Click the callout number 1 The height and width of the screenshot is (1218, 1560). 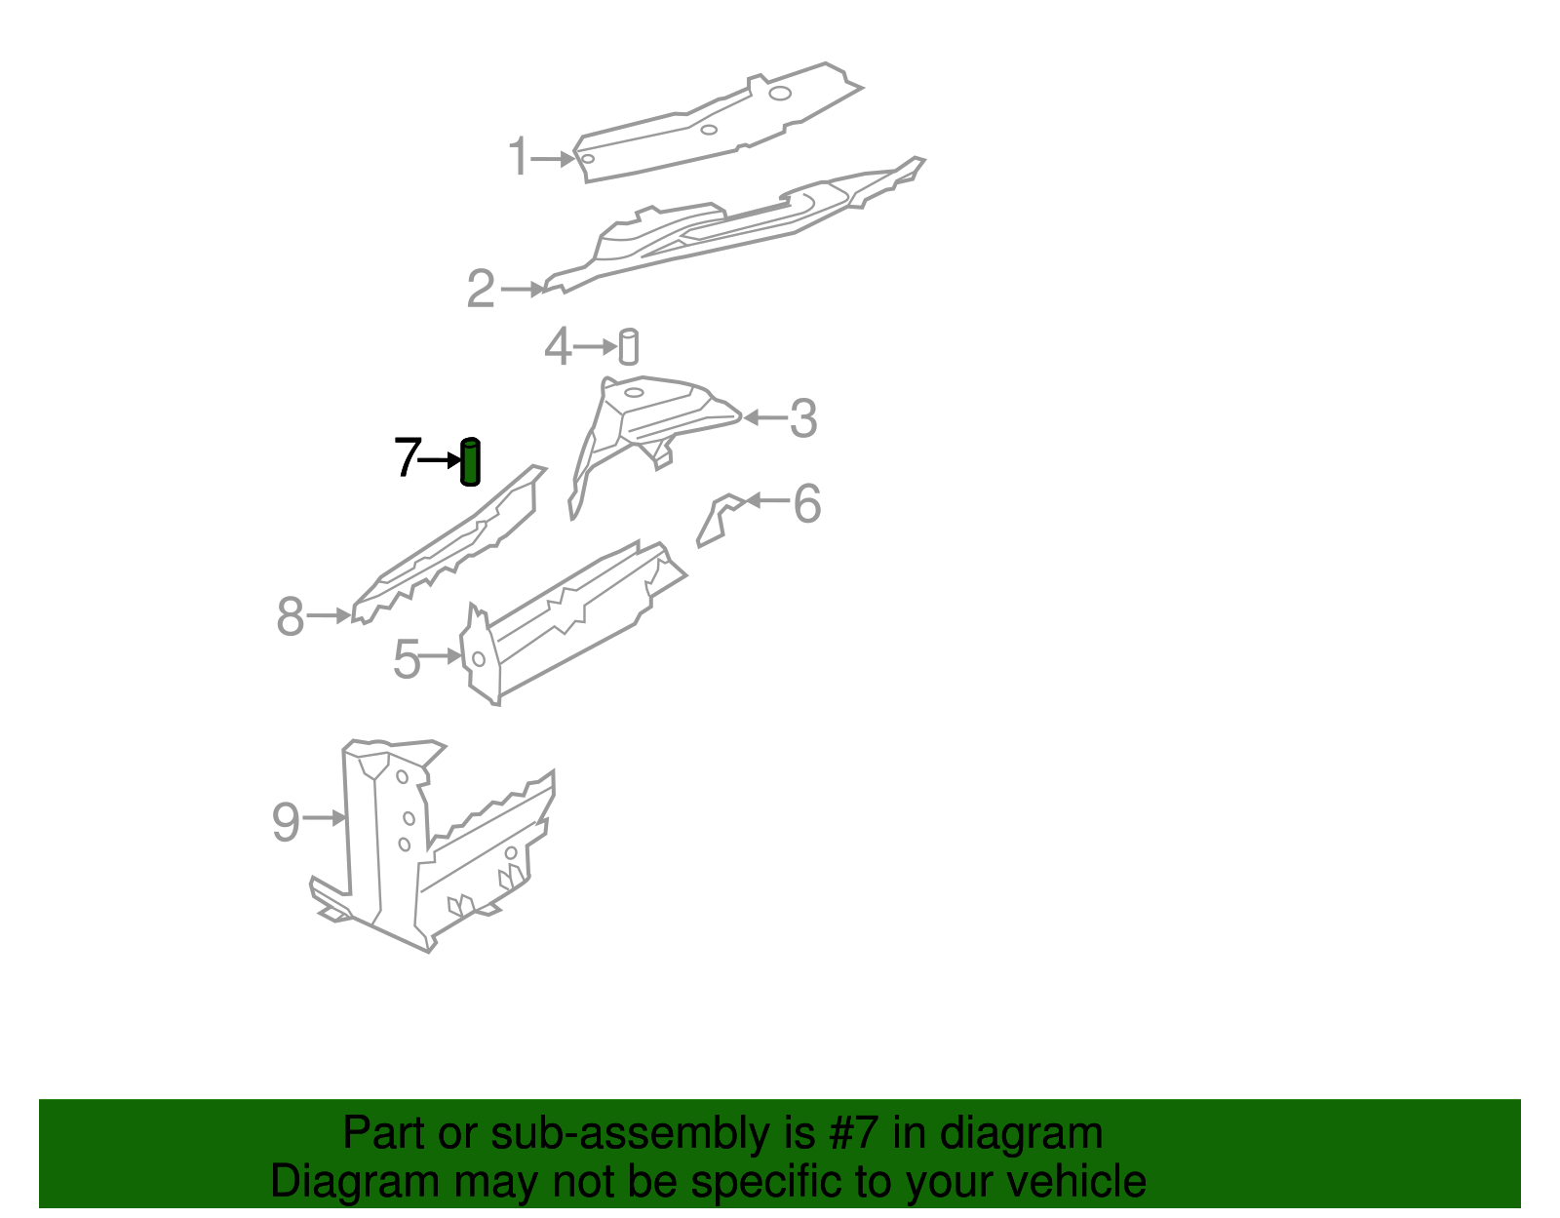(x=519, y=158)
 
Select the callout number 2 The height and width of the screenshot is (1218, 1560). (x=481, y=290)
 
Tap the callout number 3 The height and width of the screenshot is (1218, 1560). (x=802, y=418)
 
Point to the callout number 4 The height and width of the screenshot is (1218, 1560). (x=557, y=347)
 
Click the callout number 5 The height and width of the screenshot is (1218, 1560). (x=407, y=660)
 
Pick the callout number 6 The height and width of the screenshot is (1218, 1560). (x=807, y=503)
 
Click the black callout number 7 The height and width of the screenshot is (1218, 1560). (x=407, y=457)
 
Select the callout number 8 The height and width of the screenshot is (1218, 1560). (x=291, y=616)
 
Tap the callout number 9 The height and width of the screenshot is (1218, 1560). (x=286, y=821)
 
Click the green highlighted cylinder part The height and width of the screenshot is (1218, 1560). (x=470, y=462)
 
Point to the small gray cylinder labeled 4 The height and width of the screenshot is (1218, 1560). (x=629, y=347)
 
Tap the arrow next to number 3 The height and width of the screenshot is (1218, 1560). (x=765, y=418)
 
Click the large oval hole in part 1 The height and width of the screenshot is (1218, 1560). (x=779, y=94)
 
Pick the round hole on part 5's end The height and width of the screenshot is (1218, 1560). (x=479, y=659)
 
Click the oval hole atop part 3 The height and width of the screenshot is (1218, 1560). (x=634, y=393)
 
